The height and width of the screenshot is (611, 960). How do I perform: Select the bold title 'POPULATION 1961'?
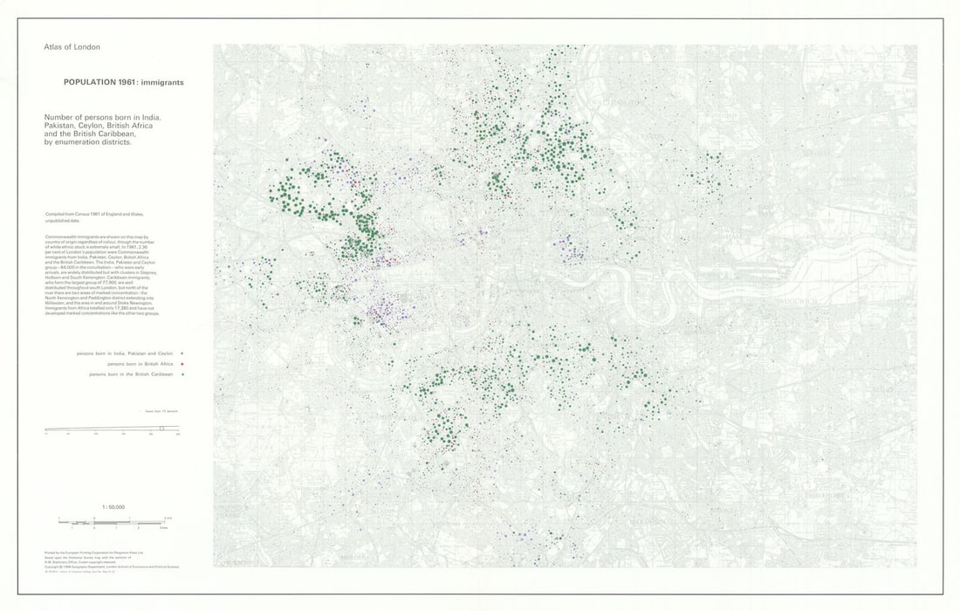coord(101,83)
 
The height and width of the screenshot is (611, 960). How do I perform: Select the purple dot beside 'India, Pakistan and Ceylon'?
coord(182,354)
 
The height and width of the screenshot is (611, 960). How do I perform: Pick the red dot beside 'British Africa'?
coord(182,364)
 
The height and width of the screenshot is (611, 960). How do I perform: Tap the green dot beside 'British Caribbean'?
coord(182,374)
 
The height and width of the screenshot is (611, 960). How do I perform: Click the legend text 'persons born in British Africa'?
coord(141,364)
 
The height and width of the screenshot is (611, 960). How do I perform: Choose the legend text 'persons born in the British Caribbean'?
coord(131,374)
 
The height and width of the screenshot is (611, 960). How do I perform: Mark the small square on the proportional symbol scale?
coord(161,428)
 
